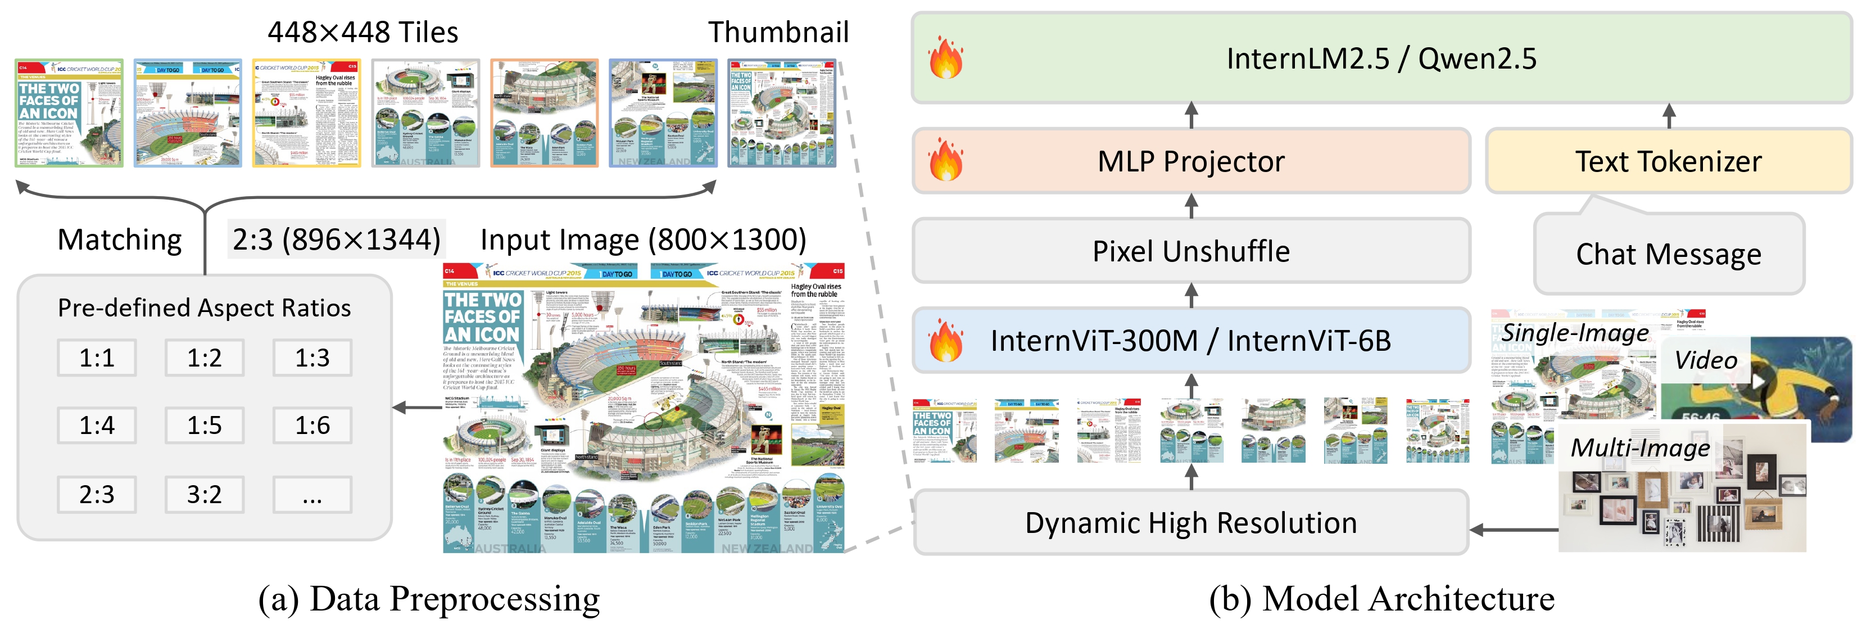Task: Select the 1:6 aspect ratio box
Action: pos(312,425)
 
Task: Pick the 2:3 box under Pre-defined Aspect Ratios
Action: pos(97,495)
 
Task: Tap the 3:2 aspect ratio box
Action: pos(205,495)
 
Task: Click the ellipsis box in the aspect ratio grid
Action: pos(312,495)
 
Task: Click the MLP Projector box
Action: pos(1191,161)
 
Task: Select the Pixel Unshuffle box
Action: pos(1191,251)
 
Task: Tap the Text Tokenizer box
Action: pos(1668,161)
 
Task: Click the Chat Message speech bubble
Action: pos(1668,254)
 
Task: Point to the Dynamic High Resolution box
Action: pos(1191,523)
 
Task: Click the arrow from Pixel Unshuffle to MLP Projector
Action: pos(1191,206)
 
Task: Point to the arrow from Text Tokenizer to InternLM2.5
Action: pos(1668,116)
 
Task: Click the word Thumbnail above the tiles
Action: pos(778,33)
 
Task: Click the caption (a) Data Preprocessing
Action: pos(429,599)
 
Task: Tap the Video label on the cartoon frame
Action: pos(1706,360)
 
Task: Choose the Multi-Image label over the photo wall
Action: pos(1640,448)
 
